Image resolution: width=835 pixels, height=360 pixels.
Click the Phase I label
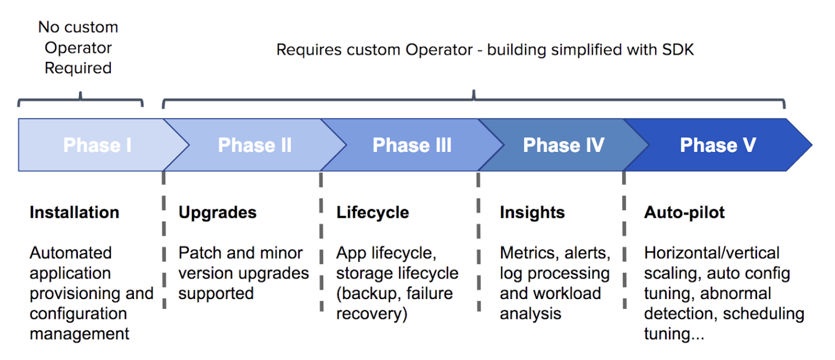pos(97,145)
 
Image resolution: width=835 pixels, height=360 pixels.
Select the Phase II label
pos(255,145)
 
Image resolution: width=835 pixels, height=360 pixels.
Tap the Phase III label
pos(412,145)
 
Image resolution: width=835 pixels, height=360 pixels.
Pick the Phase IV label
pos(563,145)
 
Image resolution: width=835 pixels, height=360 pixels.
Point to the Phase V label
pos(718,145)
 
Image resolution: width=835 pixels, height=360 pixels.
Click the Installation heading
pos(75,212)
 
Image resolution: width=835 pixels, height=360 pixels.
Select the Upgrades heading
pos(217,213)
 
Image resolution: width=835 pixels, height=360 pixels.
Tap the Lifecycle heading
pos(373,213)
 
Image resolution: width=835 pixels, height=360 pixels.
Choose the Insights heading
pos(532,213)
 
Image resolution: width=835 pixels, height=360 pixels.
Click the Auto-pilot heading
pos(684,213)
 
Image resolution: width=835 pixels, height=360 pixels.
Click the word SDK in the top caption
pos(678,49)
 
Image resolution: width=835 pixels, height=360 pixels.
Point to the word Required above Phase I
pos(78,68)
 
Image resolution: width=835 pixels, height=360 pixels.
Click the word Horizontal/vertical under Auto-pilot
pos(712,253)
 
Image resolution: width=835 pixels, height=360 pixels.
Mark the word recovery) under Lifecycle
pos(371,314)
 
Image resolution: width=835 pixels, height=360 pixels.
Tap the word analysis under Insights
pos(531,314)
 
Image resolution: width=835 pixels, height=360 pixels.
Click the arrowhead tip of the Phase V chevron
pos(812,145)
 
